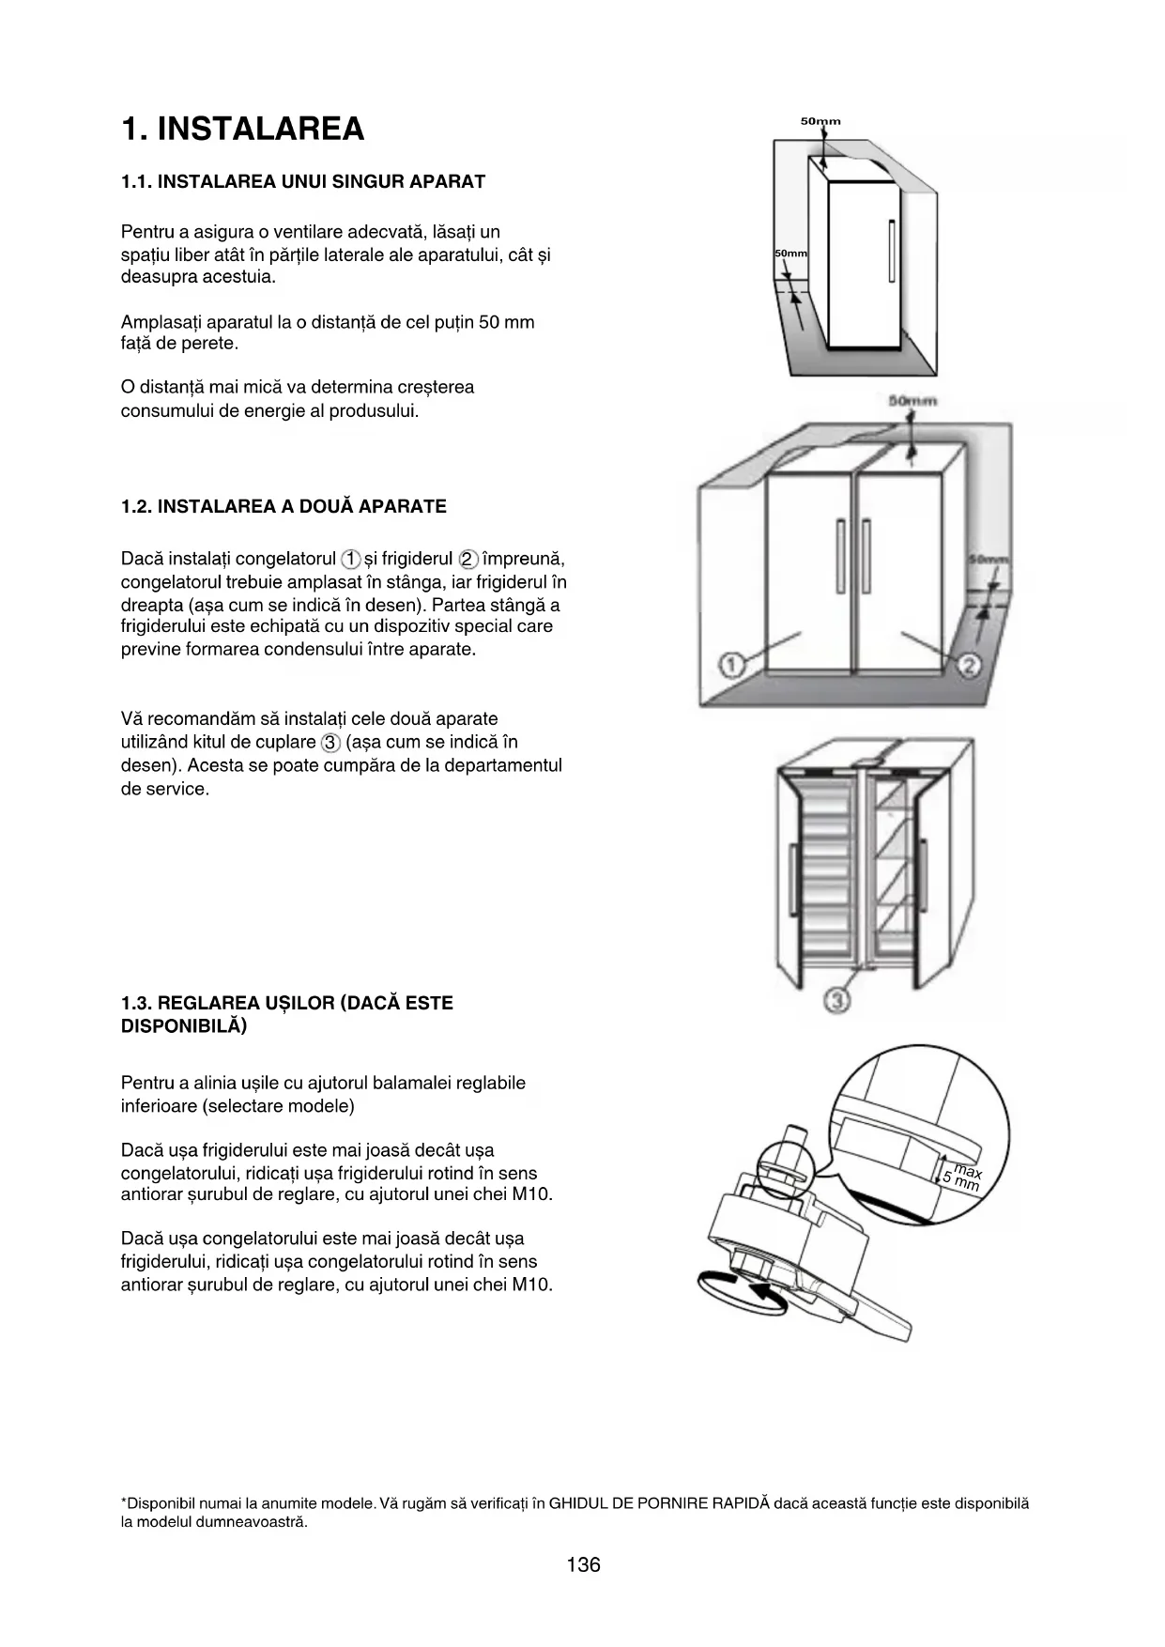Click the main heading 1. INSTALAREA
point(242,129)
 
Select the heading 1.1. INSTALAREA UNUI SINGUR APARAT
point(302,181)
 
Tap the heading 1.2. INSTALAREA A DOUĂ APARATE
point(284,507)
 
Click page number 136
point(583,1564)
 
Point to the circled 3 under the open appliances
point(836,1001)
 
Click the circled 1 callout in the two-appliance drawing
point(732,665)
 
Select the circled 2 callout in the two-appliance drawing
point(969,665)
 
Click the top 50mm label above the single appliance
point(820,121)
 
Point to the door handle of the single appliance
point(892,252)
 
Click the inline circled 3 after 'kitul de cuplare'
point(330,743)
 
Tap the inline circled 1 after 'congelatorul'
point(350,560)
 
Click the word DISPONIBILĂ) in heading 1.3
point(184,1026)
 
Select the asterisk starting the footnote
point(124,1502)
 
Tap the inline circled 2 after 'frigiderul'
point(469,560)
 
